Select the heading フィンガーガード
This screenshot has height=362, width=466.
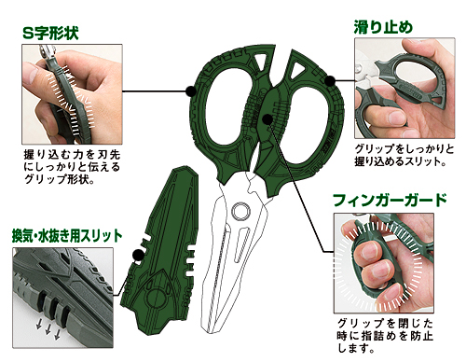tap(396, 200)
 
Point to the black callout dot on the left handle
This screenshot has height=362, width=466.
tap(191, 90)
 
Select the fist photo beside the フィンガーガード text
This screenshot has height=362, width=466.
tap(382, 257)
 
